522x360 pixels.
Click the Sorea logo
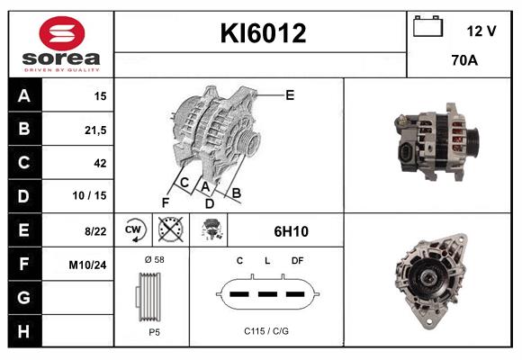pos(59,44)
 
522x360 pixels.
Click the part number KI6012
pos(263,34)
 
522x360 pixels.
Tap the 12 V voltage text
pos(481,31)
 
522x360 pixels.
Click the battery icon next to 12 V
pos(427,28)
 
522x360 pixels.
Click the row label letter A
pos(23,96)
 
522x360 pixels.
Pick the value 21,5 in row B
pos(94,130)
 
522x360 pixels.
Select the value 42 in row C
pos(100,163)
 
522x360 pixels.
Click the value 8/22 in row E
pos(95,230)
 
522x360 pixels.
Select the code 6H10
pos(291,231)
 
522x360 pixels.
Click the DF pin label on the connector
pos(297,261)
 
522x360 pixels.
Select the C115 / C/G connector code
pos(266,331)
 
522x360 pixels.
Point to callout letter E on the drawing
pos(290,94)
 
